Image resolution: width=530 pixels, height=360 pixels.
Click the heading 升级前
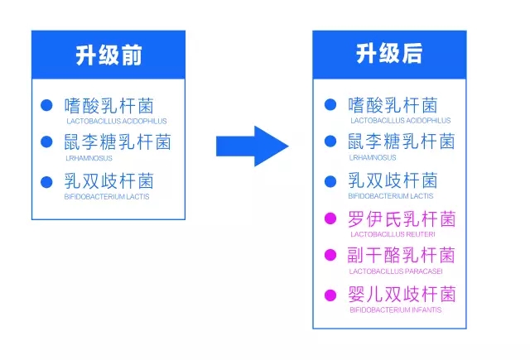pos(108,55)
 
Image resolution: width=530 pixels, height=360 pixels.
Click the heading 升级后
pos(389,53)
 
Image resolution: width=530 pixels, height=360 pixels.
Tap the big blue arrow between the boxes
pos(252,146)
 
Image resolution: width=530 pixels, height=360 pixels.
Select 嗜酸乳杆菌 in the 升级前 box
pos(108,106)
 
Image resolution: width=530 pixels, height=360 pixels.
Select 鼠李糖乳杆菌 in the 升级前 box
pos(118,142)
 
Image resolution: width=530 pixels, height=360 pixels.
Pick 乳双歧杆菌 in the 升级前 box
pos(108,180)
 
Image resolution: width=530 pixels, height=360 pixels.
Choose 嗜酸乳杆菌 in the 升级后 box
pos(393,105)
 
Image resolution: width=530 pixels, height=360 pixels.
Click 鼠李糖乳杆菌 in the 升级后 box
pos(402,141)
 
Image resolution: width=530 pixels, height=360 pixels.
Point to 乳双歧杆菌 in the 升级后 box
pos(393,180)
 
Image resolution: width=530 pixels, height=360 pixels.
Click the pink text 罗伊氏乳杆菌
pos(402,218)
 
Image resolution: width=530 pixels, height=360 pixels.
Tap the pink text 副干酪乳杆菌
pos(402,255)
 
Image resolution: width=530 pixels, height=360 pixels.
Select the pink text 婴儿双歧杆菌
pos(402,294)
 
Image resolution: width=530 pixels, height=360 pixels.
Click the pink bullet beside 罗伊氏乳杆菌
pos(330,218)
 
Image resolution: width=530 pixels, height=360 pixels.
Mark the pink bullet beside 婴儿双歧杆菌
pos(330,295)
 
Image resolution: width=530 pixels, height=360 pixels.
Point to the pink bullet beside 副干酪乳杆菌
pos(330,255)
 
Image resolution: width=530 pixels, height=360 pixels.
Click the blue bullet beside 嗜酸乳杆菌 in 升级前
pos(46,105)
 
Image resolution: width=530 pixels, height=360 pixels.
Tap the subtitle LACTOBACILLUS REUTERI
pos(393,234)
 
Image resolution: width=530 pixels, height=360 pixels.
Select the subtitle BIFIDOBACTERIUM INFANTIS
pos(396,310)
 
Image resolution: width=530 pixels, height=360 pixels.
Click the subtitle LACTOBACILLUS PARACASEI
pos(396,271)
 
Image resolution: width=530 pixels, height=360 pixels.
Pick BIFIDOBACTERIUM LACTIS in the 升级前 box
pos(107,196)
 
